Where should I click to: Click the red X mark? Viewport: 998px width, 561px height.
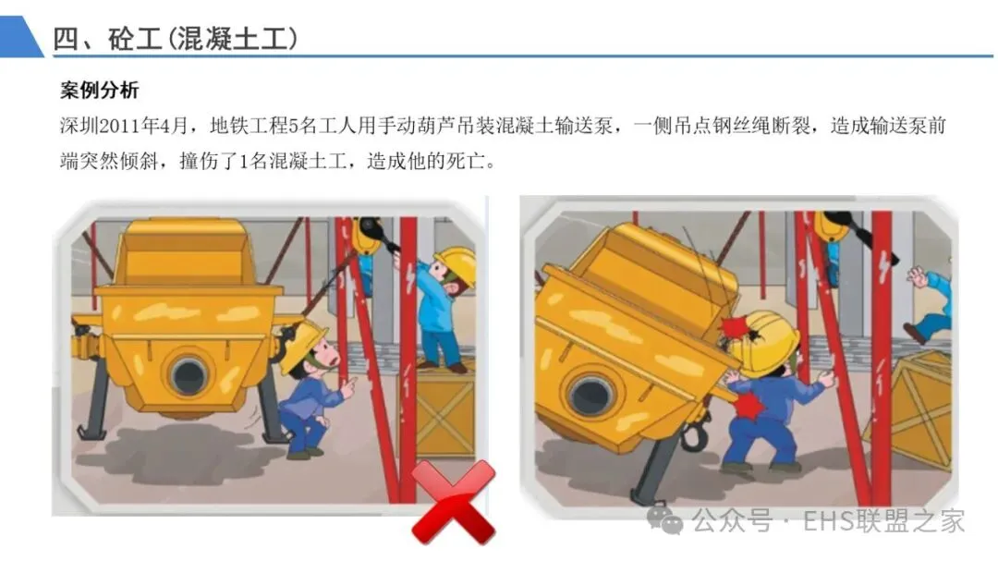[x=453, y=503]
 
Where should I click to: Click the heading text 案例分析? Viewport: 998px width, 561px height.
[x=99, y=91]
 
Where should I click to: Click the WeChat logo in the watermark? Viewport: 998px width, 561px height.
[x=664, y=519]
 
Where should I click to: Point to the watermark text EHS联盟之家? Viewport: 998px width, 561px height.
[x=883, y=520]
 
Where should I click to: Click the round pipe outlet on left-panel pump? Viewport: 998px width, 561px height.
[x=189, y=374]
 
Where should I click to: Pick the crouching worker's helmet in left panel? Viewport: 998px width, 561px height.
[x=301, y=345]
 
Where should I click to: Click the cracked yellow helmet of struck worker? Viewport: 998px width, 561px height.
[x=763, y=342]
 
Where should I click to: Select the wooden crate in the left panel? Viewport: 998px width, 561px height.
[x=439, y=409]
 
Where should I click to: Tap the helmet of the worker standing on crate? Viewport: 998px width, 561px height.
[x=456, y=263]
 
